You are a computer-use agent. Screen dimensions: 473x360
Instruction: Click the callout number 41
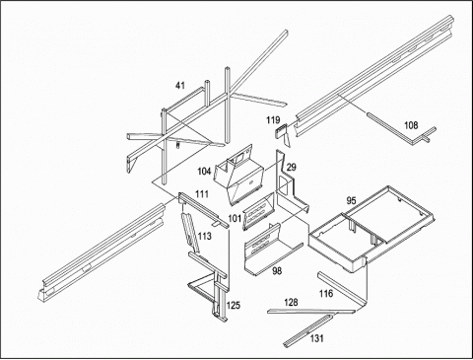pos(180,86)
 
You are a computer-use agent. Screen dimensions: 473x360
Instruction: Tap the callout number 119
pos(273,120)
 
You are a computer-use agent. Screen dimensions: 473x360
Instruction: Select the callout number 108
pos(411,125)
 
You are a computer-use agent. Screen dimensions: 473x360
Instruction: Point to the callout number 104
pos(204,172)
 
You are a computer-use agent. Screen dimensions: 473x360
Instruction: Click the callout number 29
pos(291,167)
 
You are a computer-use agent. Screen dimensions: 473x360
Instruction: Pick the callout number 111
pos(202,194)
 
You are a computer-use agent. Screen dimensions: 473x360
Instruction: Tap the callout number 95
pos(351,200)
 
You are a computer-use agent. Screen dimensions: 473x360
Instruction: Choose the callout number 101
pos(235,218)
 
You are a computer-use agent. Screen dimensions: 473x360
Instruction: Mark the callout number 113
pos(205,236)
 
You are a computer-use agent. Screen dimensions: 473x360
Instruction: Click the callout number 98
pos(277,270)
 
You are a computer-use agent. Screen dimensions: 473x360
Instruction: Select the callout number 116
pos(326,293)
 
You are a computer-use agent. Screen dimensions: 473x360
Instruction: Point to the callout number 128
pos(291,302)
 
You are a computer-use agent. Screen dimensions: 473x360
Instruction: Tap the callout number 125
pos(234,306)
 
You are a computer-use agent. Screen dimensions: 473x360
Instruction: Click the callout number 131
pos(316,338)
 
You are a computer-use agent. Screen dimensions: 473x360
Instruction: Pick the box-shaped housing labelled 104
pos(239,176)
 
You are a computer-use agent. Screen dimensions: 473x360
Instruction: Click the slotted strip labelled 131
pos(307,330)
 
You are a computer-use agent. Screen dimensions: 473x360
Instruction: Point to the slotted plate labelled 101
pos(259,211)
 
